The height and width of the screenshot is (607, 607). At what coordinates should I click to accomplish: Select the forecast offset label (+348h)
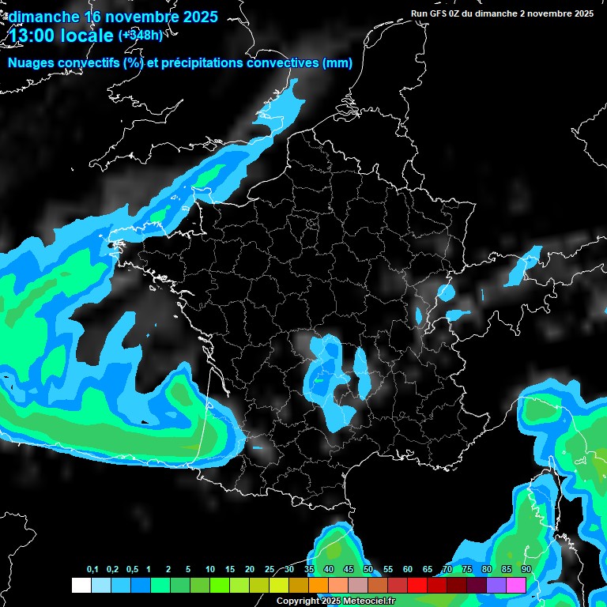click(141, 35)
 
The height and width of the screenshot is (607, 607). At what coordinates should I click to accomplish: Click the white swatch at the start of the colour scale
click(81, 585)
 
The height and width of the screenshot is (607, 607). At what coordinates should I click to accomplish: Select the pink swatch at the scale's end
click(516, 585)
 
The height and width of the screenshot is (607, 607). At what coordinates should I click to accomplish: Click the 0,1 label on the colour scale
click(92, 570)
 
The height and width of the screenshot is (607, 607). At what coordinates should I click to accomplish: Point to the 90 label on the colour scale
click(526, 570)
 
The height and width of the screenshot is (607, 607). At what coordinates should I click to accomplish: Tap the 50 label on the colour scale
click(368, 570)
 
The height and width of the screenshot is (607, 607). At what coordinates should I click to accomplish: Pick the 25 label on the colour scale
click(270, 570)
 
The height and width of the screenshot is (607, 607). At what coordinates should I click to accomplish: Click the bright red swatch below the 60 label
click(417, 585)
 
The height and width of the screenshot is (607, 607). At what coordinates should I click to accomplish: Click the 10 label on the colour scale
click(210, 570)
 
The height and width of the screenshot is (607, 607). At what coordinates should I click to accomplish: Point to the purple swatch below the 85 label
click(496, 585)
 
